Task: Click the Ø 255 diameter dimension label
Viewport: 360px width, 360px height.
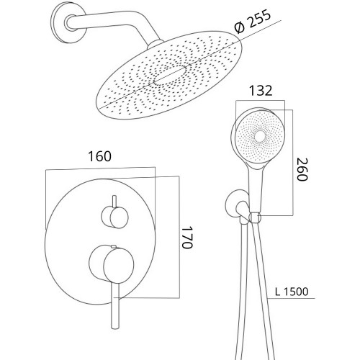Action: click(253, 21)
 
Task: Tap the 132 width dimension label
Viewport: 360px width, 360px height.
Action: click(261, 91)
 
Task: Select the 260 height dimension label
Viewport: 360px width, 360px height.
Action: click(302, 169)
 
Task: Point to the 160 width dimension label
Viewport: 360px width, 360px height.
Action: click(99, 156)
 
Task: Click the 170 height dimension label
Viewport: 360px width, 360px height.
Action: click(187, 237)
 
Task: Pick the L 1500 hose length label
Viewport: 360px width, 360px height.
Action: click(292, 292)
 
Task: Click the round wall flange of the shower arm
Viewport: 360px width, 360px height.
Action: click(68, 23)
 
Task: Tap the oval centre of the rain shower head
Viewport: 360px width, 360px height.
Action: click(170, 76)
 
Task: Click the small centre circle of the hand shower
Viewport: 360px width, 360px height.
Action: click(260, 137)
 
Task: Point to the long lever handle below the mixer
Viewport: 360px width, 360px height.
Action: click(115, 305)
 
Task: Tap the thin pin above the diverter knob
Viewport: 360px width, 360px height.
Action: click(114, 202)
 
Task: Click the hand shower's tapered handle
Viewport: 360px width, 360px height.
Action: click(256, 188)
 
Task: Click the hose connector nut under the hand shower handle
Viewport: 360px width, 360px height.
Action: click(255, 217)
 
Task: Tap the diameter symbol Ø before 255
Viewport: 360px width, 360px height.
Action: click(240, 27)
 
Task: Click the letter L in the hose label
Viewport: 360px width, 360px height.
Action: click(278, 292)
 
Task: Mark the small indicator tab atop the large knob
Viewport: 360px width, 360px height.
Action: click(114, 246)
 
